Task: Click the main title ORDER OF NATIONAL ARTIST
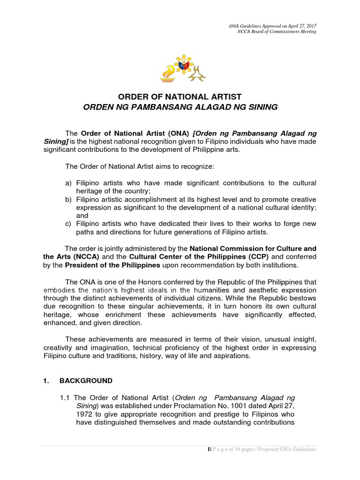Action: tap(180, 97)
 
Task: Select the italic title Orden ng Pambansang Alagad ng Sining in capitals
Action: tap(180, 107)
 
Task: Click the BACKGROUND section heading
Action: tap(89, 381)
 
